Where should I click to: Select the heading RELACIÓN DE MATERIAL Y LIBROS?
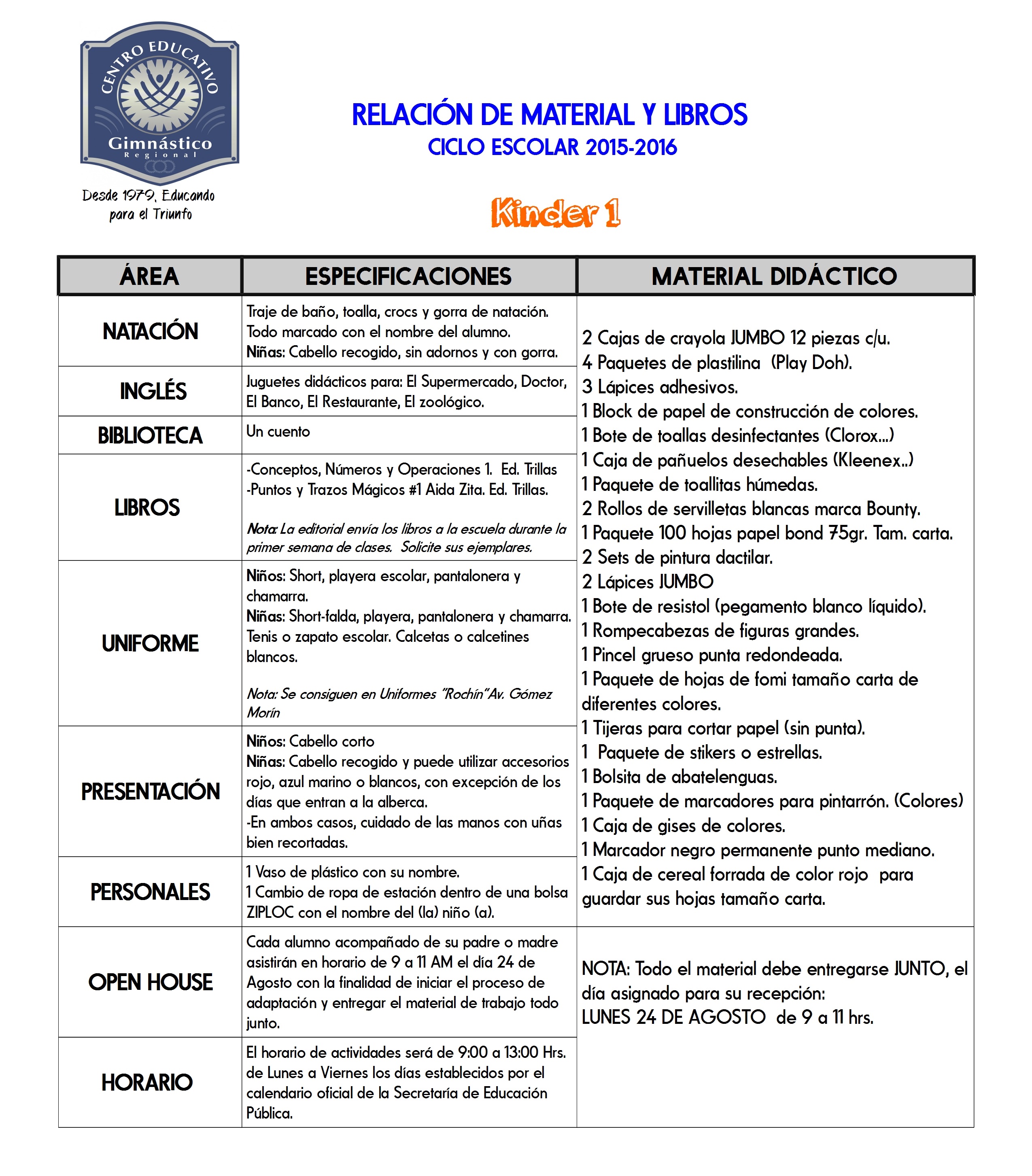pos(549,115)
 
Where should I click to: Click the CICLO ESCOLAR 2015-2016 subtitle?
pos(552,148)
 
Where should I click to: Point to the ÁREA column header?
pos(150,276)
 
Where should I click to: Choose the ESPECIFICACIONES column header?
pos(408,276)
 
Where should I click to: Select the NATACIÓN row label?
pos(150,331)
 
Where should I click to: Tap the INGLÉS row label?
pos(153,391)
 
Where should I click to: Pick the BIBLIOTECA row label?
pos(150,435)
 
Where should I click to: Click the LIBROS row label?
pos(147,507)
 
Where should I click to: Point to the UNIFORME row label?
pos(150,643)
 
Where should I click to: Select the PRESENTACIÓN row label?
pos(150,792)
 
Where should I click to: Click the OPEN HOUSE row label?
pos(150,982)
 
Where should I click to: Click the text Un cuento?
pos(278,431)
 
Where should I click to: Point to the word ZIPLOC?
pos(270,913)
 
